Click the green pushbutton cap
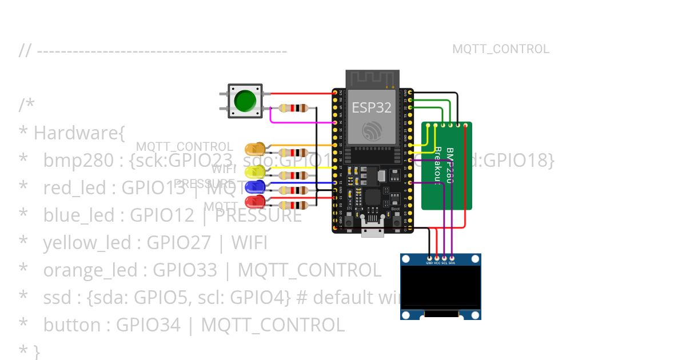point(245,101)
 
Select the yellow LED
point(254,171)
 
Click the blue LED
point(255,186)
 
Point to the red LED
point(255,201)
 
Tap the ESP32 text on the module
point(372,107)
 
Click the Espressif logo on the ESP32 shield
point(372,130)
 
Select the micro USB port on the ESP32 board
point(372,231)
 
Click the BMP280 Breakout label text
point(444,165)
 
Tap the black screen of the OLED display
point(440,287)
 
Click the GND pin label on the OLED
point(429,263)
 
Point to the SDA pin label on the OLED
point(452,263)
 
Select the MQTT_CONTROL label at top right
point(501,49)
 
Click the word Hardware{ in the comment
point(79,133)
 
